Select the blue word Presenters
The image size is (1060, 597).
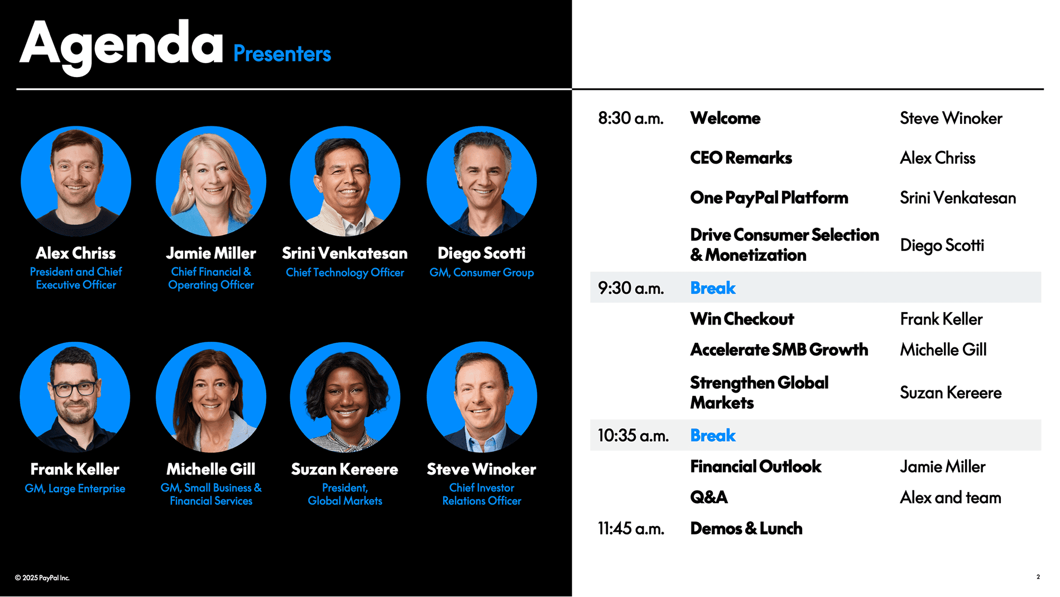[x=282, y=54]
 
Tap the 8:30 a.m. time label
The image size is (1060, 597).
[x=631, y=118]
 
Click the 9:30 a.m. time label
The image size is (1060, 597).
[x=631, y=288]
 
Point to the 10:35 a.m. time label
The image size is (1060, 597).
[x=633, y=436]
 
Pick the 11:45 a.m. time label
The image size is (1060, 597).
[x=631, y=528]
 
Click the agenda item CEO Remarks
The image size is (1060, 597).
[x=741, y=158]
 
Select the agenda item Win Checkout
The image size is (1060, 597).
[x=742, y=319]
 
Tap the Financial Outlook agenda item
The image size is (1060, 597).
[x=755, y=466]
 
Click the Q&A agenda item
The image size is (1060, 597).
[x=709, y=497]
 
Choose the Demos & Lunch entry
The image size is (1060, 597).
[x=746, y=528]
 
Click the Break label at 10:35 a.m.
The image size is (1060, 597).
[x=713, y=436]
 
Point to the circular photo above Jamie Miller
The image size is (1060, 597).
[x=211, y=182]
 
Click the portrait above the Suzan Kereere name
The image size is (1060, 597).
[x=345, y=397]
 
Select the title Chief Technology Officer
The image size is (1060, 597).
[x=345, y=273]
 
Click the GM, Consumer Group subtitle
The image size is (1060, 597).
[x=482, y=273]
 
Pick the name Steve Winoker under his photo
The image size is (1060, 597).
[x=481, y=469]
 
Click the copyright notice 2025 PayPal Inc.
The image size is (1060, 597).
[x=42, y=578]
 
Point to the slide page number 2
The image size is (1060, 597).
[x=1038, y=577]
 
